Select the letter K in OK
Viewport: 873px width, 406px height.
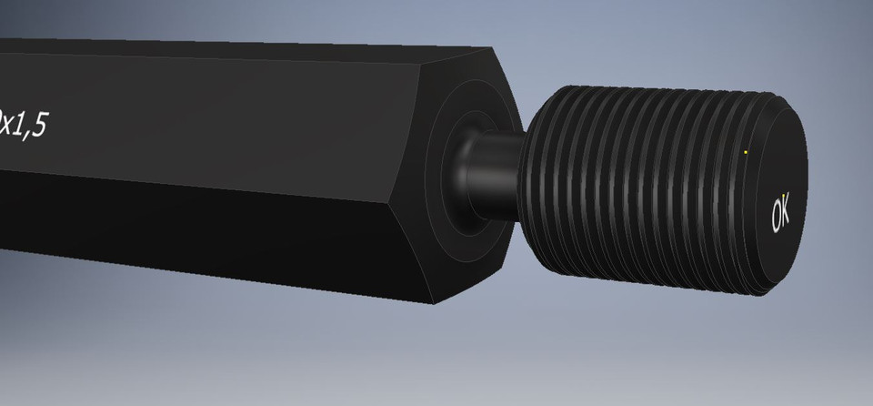coord(786,209)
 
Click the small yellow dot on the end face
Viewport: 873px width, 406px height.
coord(746,152)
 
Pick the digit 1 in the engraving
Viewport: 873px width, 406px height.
coord(20,123)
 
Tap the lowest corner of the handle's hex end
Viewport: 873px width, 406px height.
coord(436,303)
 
